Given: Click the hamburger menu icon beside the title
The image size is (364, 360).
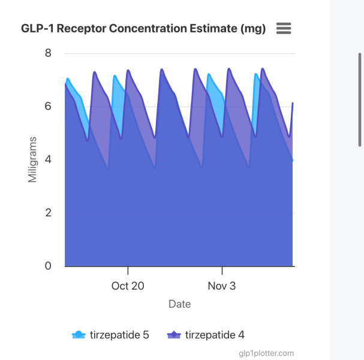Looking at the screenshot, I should [x=284, y=28].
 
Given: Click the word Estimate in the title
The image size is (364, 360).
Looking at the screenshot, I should [x=207, y=29].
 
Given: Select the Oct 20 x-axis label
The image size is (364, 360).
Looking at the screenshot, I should [x=128, y=286].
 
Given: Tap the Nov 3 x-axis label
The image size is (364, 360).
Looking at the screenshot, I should [x=222, y=286].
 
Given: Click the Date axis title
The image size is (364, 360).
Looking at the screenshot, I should [x=180, y=304].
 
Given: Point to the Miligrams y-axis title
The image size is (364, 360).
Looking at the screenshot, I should [x=34, y=159].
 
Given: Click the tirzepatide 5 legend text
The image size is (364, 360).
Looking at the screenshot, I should [x=119, y=335].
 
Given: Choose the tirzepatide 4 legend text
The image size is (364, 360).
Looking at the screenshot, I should [x=215, y=335].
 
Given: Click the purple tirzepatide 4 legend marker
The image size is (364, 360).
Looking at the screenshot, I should [x=174, y=335].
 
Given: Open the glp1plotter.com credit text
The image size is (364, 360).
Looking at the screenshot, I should [x=266, y=353].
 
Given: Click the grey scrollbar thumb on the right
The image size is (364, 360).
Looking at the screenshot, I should [x=360, y=98].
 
